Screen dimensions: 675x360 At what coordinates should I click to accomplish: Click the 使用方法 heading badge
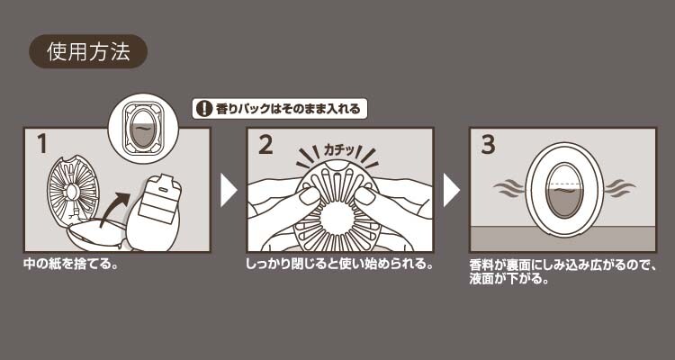(x=88, y=51)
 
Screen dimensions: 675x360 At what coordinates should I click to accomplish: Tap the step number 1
(x=41, y=144)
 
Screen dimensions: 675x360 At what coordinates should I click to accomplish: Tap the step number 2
(x=265, y=145)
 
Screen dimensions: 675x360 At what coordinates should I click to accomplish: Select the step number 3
(x=488, y=145)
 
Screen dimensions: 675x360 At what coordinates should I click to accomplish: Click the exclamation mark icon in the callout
(x=204, y=109)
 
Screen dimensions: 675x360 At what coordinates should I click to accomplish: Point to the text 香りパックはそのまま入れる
(x=288, y=109)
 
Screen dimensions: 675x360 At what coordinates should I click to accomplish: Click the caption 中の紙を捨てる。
(x=70, y=264)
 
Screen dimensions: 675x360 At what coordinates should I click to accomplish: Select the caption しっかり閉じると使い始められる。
(x=339, y=264)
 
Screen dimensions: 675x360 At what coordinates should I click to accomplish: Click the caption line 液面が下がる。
(x=510, y=279)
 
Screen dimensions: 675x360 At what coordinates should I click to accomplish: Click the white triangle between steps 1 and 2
(x=229, y=190)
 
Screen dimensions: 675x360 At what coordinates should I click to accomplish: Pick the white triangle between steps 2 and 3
(x=451, y=190)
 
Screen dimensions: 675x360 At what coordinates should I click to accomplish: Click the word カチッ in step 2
(x=339, y=151)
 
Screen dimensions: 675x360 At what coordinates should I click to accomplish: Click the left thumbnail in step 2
(x=309, y=196)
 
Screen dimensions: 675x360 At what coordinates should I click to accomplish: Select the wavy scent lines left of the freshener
(x=508, y=188)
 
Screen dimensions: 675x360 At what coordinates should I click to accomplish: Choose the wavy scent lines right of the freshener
(x=620, y=188)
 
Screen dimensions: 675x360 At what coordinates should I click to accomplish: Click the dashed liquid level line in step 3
(x=565, y=184)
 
